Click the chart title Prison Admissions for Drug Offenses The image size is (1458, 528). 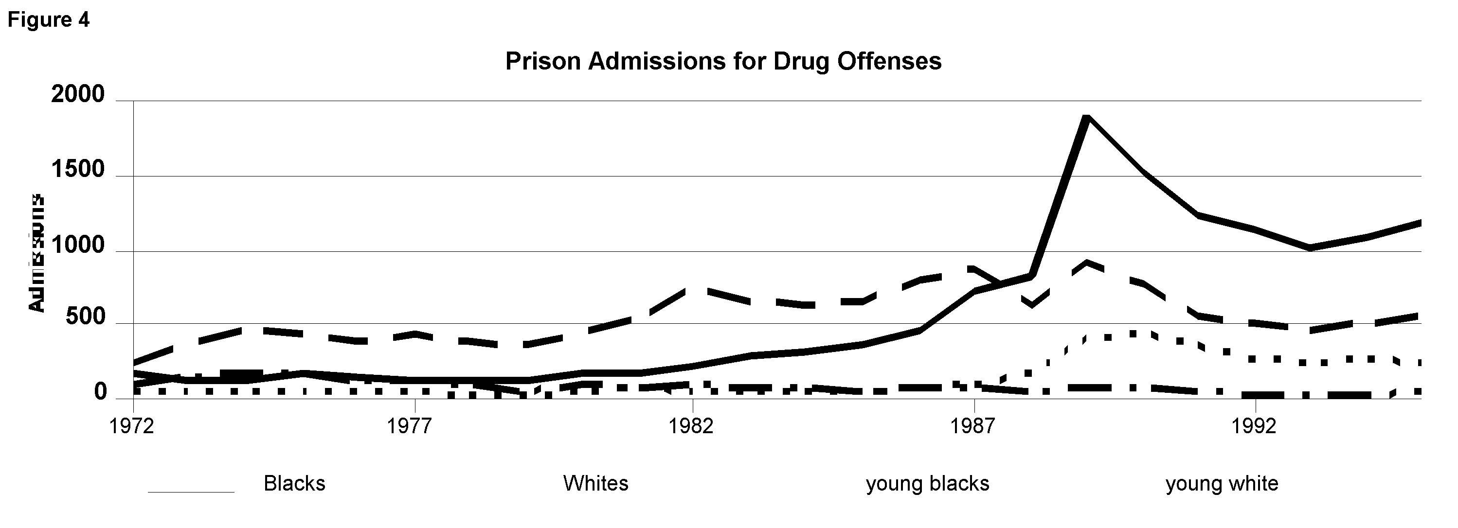723,61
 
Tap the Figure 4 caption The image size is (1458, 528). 48,20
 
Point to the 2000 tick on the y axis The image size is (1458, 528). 78,94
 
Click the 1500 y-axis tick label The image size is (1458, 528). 78,169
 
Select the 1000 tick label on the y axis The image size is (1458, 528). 78,246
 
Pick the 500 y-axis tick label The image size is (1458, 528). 86,317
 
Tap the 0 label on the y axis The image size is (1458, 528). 100,391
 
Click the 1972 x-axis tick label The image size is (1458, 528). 132,425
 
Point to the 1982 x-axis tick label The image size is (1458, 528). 691,425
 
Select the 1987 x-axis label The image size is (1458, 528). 973,425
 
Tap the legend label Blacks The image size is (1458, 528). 294,483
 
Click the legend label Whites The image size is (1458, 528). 595,483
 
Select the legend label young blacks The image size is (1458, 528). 928,483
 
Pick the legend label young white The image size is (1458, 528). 1222,483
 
